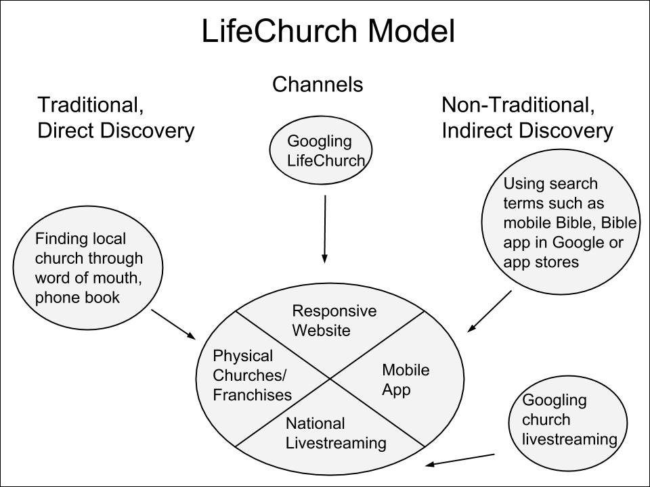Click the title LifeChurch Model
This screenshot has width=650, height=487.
pos(328,32)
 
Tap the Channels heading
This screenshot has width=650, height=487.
pos(318,85)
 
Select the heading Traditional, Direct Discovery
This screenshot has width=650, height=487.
pos(116,118)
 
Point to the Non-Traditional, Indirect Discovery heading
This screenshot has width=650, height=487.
pos(527,118)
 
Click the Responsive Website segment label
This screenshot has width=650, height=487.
pos(334,321)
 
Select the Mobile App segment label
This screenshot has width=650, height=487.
pos(406,379)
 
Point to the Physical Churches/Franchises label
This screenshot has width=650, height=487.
pos(252,375)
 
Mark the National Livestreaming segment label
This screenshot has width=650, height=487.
pos(335,433)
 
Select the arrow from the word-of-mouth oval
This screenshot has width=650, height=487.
pos(173,324)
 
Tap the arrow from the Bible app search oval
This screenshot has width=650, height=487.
pos(490,311)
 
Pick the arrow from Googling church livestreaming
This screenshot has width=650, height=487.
pos(460,459)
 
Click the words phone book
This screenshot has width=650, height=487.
pos(77,297)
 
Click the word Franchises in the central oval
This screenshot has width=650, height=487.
pos(252,395)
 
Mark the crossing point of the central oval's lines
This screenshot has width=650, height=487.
pos(330,379)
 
